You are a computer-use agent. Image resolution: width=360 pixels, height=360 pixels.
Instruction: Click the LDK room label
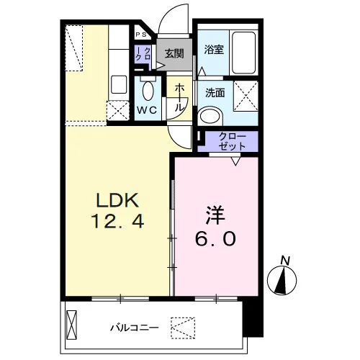point(117,200)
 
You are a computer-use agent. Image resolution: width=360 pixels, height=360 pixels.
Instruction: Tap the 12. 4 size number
point(117,221)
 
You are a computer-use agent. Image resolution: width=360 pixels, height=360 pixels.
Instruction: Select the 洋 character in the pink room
point(215,215)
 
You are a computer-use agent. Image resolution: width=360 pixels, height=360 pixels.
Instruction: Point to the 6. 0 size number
point(215,239)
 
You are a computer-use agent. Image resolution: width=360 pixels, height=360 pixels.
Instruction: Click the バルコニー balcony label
point(135,328)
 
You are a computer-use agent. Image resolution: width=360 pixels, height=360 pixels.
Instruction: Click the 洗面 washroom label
point(215,93)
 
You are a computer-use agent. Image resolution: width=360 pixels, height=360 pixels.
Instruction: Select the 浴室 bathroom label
point(214,50)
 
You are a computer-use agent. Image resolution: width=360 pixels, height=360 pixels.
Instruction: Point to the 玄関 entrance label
point(174,53)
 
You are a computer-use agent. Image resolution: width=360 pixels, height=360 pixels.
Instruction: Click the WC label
point(147,110)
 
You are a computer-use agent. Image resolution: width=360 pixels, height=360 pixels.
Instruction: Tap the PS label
point(141,35)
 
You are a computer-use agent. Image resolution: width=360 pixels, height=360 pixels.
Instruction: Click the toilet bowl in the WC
point(148,91)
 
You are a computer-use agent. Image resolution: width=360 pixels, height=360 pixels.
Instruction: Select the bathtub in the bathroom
point(243,53)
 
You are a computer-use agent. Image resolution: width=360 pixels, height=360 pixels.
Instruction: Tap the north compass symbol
point(282,280)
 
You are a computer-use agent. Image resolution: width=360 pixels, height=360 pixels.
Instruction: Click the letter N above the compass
point(285,261)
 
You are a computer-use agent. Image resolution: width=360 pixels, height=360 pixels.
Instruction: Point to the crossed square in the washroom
point(246,96)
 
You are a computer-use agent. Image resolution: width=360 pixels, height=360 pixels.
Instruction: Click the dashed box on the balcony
point(183,328)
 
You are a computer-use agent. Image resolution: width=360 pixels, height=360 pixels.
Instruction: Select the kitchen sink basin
point(119,84)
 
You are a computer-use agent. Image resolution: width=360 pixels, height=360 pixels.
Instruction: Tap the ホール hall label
point(179,98)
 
